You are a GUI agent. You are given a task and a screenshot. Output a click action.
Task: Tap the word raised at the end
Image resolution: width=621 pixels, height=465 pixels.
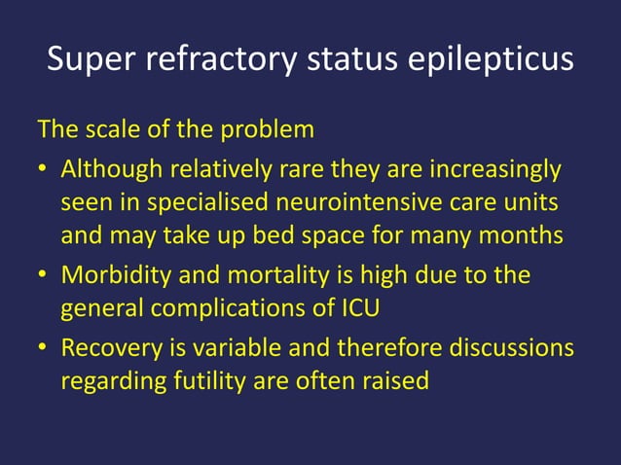point(396,380)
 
